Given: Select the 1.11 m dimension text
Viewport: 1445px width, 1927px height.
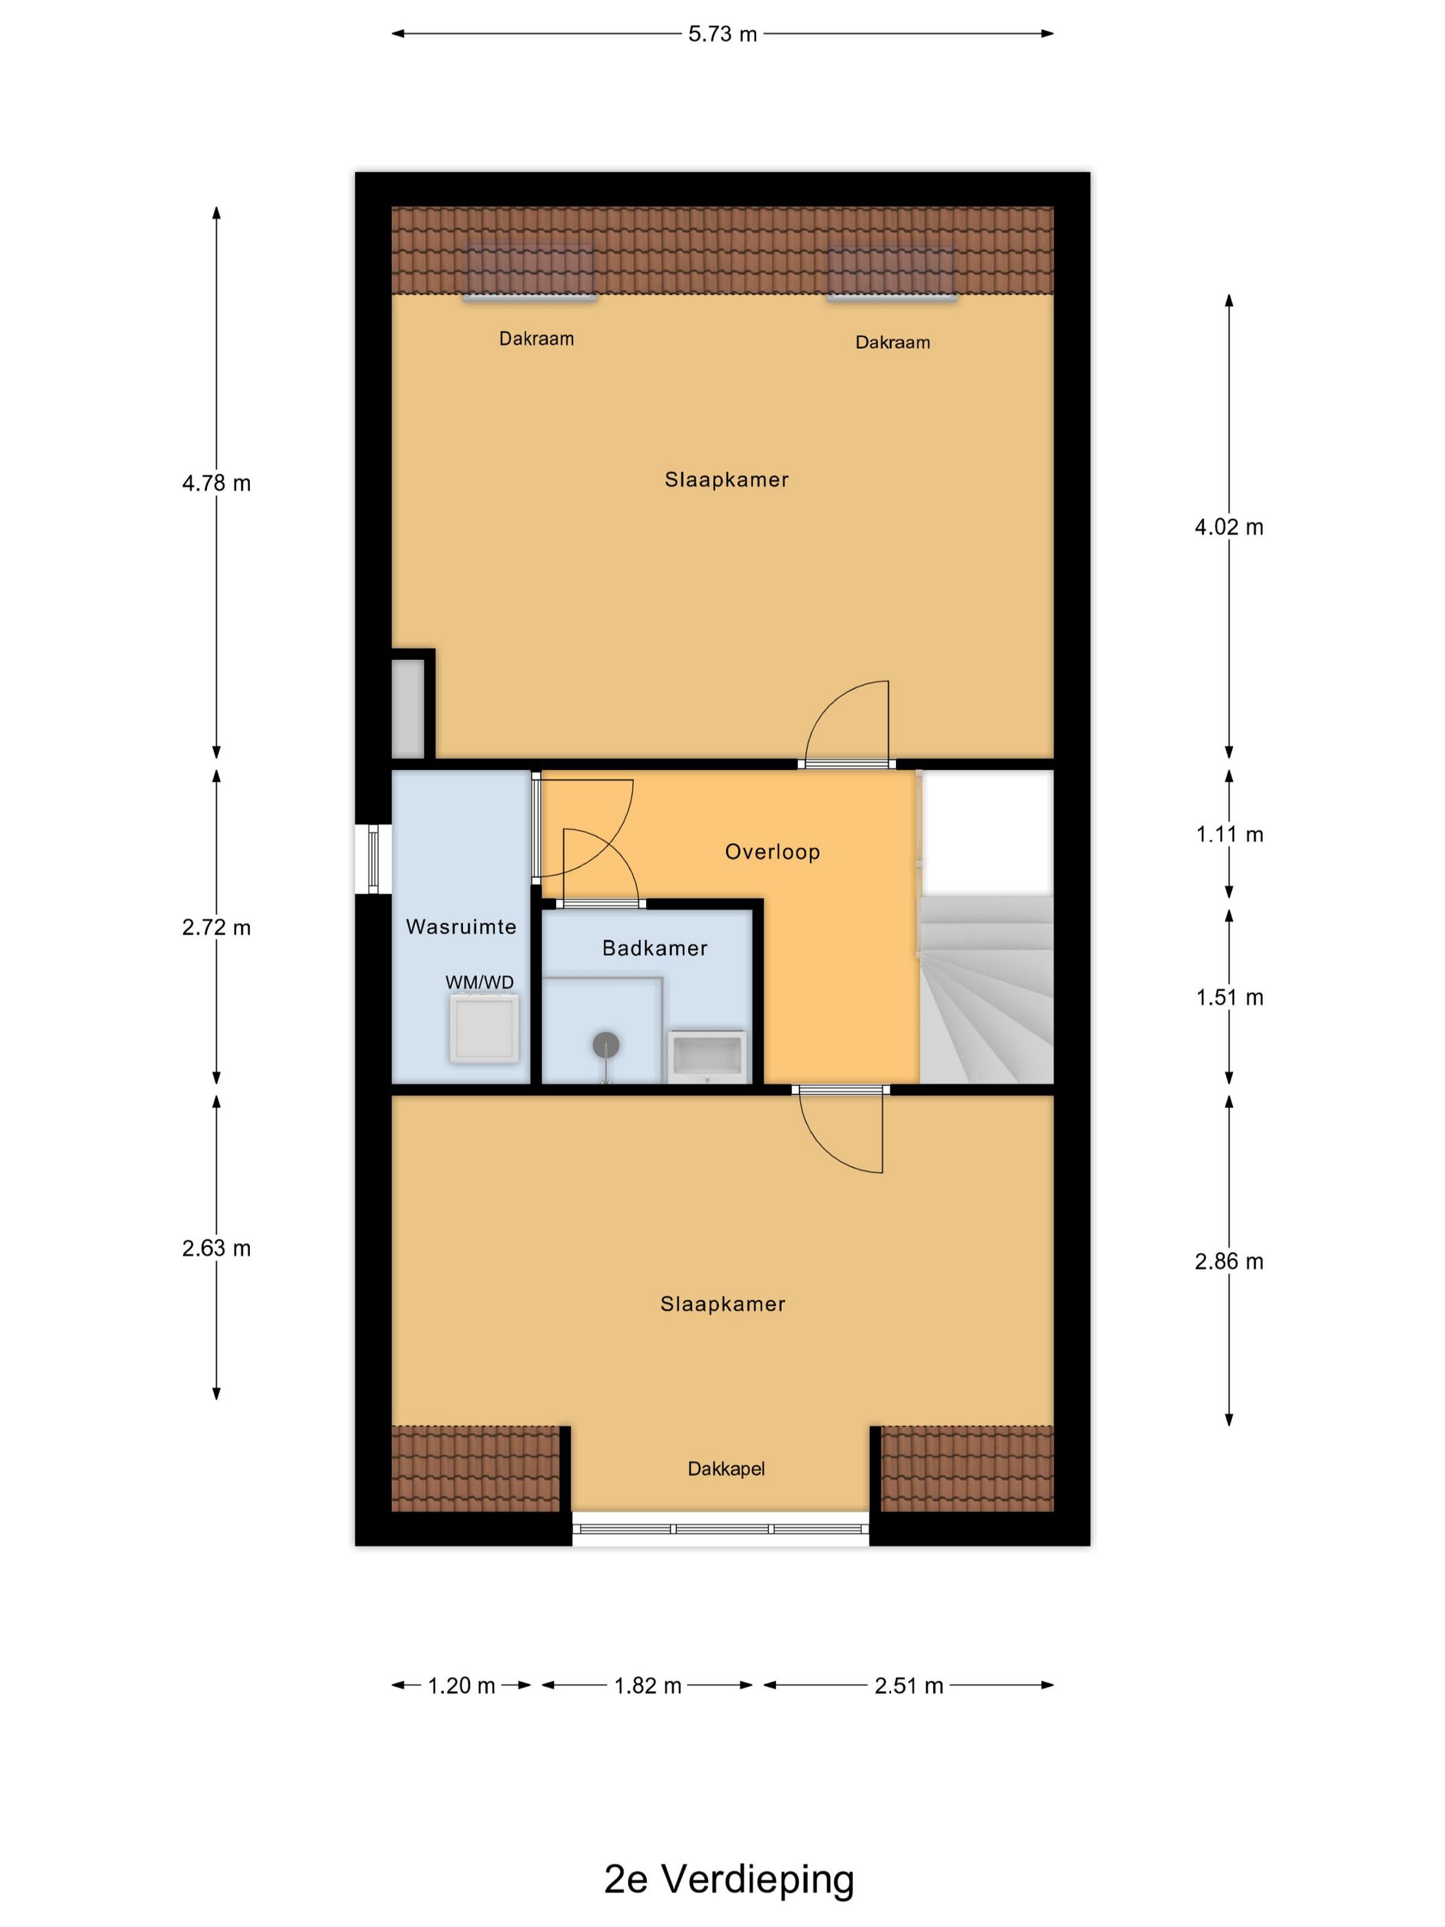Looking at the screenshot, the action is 1229,835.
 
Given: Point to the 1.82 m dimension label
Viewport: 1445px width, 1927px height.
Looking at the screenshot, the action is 647,1685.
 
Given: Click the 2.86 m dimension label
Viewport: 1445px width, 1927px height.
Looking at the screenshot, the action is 1229,1261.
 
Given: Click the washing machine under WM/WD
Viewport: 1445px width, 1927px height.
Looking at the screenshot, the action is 484,1028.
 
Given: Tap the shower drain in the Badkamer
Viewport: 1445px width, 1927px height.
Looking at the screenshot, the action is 606,1045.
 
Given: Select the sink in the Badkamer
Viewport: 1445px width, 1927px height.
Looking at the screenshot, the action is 707,1056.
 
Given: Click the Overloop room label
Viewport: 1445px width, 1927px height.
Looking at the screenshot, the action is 773,851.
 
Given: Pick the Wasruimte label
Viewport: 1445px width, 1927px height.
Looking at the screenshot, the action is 461,926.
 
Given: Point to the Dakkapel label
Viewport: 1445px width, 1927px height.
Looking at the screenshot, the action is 725,1469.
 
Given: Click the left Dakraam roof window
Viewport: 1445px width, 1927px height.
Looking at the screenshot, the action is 530,273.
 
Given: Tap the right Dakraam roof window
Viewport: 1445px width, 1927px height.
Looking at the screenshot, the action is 891,273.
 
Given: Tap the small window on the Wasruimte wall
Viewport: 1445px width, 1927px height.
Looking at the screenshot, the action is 373,858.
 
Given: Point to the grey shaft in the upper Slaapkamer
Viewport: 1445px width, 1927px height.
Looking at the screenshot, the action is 407,707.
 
